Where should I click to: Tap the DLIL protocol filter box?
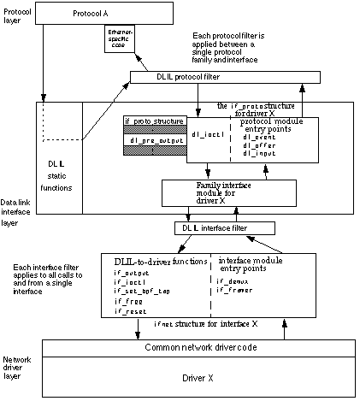225,78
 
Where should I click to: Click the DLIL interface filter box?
225,228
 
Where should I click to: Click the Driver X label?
198,375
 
